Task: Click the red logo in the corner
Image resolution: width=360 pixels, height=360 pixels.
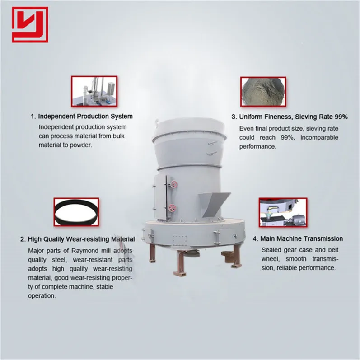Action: pos(30,24)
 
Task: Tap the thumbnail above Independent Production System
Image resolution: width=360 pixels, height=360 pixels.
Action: pos(94,91)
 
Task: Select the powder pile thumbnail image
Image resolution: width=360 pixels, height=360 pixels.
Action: pos(262,91)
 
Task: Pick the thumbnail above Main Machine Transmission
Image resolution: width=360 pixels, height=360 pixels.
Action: pos(283,212)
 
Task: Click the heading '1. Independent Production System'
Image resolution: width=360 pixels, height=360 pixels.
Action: pos(82,117)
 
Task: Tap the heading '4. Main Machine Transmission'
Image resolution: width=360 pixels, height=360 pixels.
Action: pos(298,238)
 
